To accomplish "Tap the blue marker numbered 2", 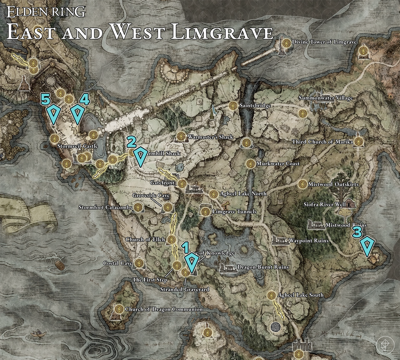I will (140, 157).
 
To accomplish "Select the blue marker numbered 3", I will (368, 246).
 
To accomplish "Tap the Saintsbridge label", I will (255, 105).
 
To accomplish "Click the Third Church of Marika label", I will (322, 142).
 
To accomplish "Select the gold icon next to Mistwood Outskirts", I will (303, 185).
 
